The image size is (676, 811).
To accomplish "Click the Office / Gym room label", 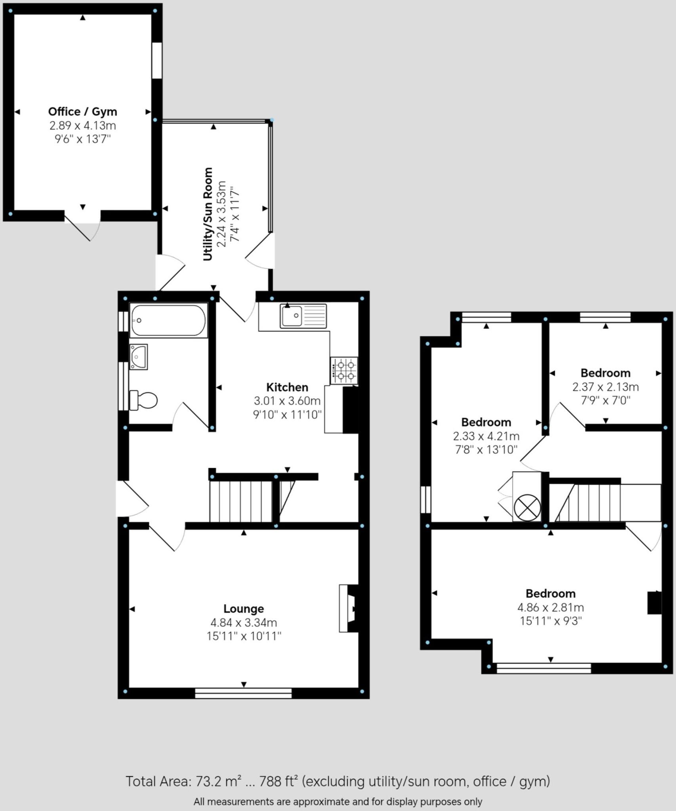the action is click(x=82, y=112).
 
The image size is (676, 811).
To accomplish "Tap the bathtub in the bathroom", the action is click(x=168, y=320).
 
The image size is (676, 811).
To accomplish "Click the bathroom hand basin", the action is click(x=138, y=357).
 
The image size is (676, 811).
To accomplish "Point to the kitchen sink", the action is click(x=303, y=316).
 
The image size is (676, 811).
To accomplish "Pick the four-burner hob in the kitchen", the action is click(x=344, y=371).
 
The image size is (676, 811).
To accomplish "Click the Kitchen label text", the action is click(x=287, y=387).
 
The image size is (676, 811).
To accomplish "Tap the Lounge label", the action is click(x=244, y=609).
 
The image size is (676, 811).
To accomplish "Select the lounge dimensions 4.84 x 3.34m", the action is click(x=244, y=623).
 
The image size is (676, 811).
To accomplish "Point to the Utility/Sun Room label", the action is click(x=208, y=214).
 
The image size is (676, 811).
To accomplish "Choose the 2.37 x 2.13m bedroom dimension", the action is click(x=606, y=387).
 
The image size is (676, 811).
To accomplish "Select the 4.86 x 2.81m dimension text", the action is click(x=550, y=607).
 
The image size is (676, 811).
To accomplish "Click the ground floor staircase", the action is click(x=252, y=502).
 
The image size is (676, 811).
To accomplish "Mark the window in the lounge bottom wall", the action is click(x=243, y=693).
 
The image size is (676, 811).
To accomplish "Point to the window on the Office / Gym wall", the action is click(x=157, y=60).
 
